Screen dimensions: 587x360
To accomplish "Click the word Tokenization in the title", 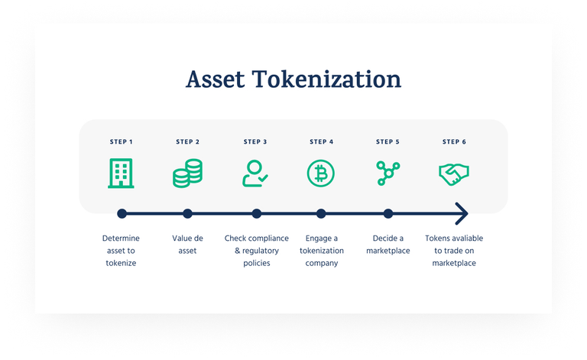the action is coord(326,79).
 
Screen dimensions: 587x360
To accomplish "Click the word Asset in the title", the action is coord(216,79).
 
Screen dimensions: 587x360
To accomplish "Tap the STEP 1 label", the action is coord(121,142).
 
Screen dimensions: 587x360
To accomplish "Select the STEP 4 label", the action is coord(321,142).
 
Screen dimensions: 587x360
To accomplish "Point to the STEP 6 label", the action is coord(454,142).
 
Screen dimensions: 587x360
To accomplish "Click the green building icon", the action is coord(121,174).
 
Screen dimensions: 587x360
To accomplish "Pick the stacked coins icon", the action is coord(187,174).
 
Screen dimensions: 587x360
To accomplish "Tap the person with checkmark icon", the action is coord(255,174).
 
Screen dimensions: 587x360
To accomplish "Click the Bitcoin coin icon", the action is coord(321,174).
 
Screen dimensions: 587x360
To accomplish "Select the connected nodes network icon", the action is coord(388,174).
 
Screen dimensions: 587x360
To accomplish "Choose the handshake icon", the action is coord(454,174).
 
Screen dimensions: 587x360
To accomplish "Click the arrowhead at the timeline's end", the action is coord(462,214).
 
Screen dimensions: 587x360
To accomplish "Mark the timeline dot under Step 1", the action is coord(122,214).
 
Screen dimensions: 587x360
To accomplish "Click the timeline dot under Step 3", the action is coord(257,214).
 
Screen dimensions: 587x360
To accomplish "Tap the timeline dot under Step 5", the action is coord(388,214).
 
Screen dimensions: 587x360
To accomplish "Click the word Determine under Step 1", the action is coord(121,238).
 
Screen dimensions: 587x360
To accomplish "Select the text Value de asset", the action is coord(187,245).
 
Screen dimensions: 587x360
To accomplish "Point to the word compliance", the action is coord(269,238).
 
